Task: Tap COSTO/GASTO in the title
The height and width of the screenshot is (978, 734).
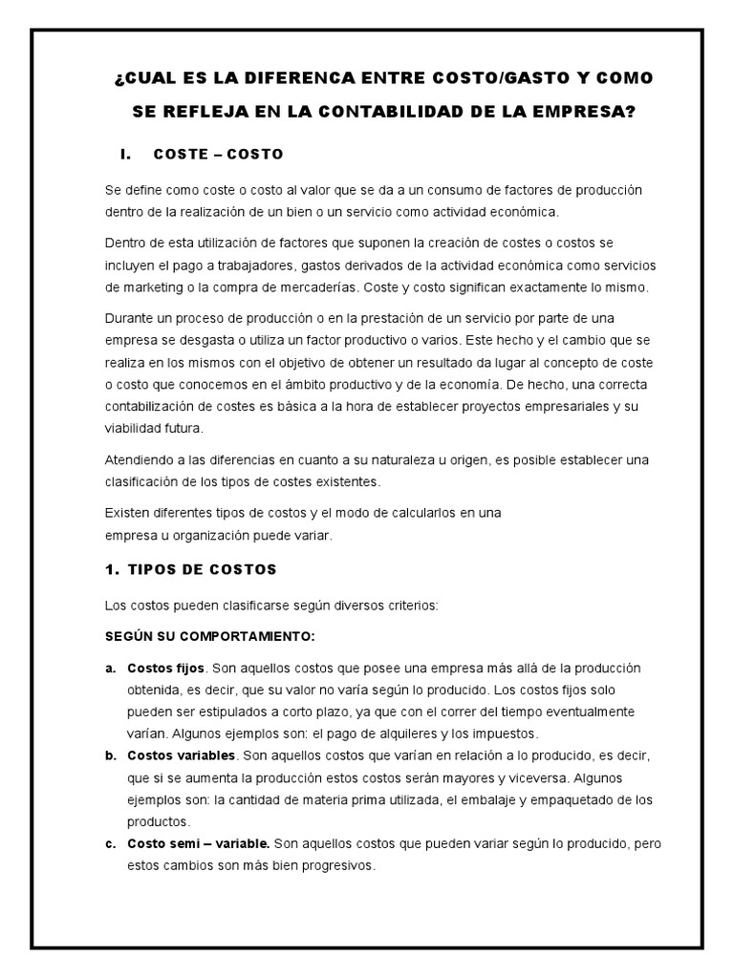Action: point(509,76)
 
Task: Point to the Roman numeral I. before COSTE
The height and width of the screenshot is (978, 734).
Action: point(124,154)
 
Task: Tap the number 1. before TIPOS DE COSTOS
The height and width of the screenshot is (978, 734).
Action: point(111,569)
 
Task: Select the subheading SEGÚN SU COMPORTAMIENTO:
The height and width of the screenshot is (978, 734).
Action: point(209,635)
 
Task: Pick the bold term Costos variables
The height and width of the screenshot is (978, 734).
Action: point(181,755)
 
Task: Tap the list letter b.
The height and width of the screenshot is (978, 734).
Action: point(110,755)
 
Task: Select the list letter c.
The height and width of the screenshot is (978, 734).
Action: point(110,844)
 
